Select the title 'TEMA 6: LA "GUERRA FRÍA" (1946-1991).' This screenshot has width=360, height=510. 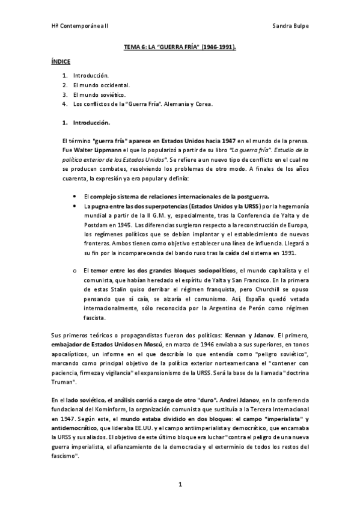click(x=180, y=46)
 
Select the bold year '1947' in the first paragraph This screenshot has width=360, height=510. click(x=230, y=140)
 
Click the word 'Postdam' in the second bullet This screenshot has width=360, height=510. click(x=97, y=217)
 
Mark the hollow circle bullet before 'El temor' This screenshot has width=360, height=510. click(x=74, y=271)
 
